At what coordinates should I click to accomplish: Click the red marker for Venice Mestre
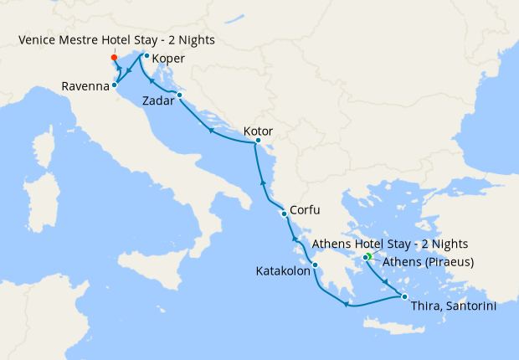tap(114, 58)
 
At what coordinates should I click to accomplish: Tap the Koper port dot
tap(146, 56)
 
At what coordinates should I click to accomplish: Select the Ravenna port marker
tap(114, 85)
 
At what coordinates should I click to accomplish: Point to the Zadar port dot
tap(179, 95)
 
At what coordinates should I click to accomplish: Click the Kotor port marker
tap(258, 141)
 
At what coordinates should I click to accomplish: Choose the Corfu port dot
tap(285, 213)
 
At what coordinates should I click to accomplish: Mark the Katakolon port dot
tap(315, 266)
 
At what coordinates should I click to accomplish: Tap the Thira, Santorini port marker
tap(404, 297)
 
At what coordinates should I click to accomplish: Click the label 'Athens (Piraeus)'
tap(428, 262)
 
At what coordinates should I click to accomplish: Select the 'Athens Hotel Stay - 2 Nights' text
tap(389, 244)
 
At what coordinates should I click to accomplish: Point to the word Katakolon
tap(281, 271)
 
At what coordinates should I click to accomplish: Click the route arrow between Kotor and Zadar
tap(210, 130)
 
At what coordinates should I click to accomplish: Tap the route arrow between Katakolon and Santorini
tap(345, 305)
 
